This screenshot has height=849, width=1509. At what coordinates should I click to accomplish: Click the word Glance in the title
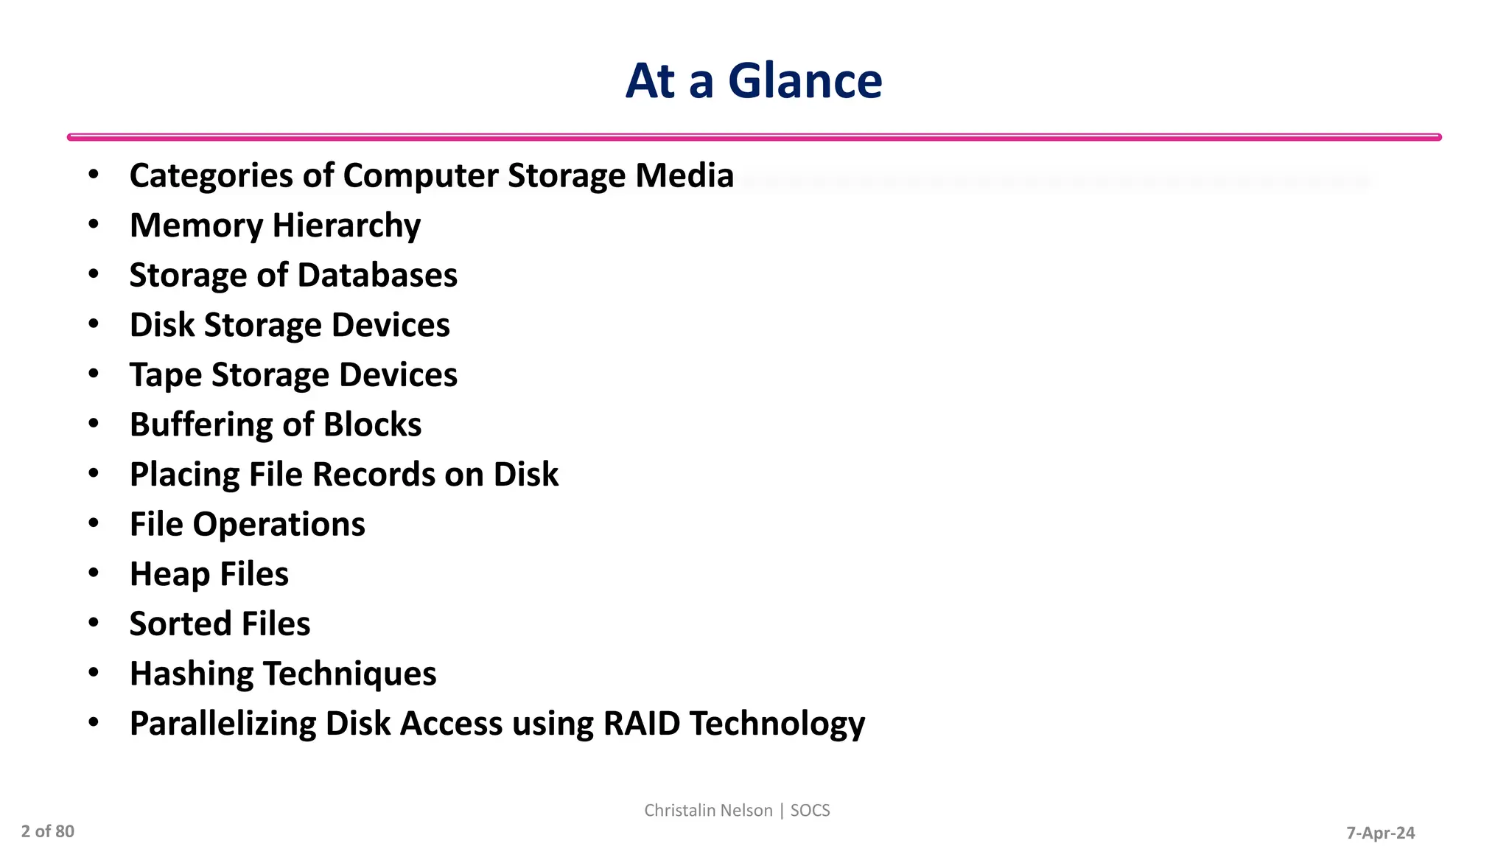point(805,80)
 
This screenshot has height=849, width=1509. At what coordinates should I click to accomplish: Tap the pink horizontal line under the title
point(754,137)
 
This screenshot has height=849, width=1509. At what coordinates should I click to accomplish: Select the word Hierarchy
point(346,226)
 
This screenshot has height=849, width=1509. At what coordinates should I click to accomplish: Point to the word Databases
point(377,275)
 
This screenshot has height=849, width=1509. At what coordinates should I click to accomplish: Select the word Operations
point(279,525)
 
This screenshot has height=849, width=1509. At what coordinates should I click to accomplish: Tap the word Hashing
point(192,674)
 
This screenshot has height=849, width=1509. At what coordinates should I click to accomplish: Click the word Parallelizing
point(223,724)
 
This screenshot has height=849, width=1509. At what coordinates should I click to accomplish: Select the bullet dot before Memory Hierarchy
point(94,224)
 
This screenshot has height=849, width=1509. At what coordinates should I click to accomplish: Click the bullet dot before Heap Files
point(94,573)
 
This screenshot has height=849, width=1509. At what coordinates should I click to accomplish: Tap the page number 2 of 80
point(48,831)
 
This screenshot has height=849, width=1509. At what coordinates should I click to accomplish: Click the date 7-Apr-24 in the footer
point(1380,833)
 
